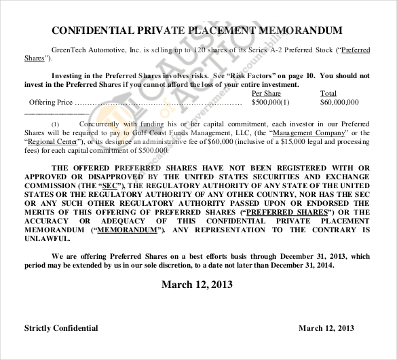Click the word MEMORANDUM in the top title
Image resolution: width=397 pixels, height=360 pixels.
302,31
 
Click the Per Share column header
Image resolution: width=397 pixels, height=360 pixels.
266,94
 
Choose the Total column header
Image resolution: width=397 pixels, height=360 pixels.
328,94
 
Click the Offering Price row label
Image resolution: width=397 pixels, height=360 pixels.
50,103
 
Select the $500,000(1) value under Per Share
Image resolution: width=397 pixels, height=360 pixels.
270,103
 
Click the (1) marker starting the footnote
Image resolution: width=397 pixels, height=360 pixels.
56,124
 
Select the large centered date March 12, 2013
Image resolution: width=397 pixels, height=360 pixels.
198,284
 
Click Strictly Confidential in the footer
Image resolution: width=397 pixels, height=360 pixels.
61,328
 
